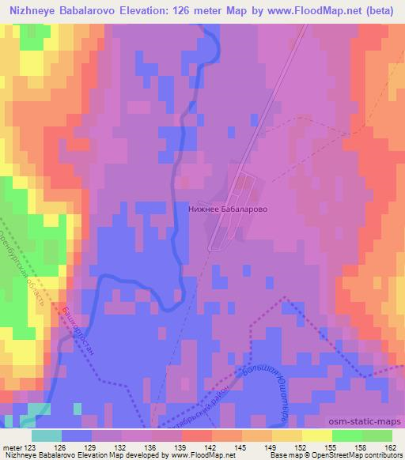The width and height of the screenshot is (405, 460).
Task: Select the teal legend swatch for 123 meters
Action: point(47,435)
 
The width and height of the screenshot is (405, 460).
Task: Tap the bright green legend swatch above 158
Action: point(346,435)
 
